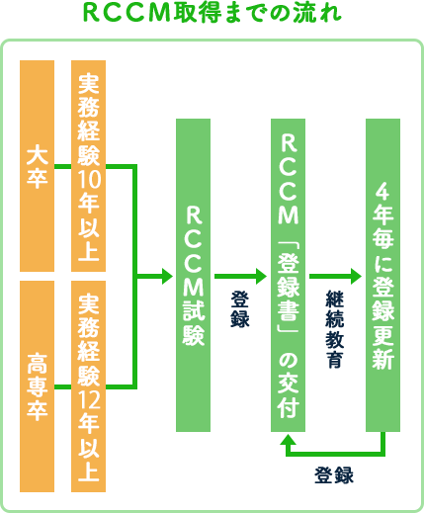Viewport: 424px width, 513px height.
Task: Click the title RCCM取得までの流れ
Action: click(212, 14)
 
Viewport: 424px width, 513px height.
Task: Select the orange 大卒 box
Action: click(37, 166)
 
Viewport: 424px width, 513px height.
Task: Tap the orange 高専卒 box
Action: click(37, 386)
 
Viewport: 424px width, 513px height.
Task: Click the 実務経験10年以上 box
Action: click(88, 166)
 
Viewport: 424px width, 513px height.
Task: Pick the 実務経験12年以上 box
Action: click(88, 386)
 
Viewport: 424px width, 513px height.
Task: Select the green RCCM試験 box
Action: click(193, 275)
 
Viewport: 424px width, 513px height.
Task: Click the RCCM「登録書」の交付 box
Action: click(288, 275)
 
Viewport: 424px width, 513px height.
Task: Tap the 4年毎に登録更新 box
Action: click(382, 275)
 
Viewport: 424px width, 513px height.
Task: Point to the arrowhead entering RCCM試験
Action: click(167, 276)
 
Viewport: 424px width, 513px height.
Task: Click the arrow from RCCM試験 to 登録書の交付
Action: click(240, 276)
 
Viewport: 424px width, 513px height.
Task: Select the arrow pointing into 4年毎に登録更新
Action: click(335, 276)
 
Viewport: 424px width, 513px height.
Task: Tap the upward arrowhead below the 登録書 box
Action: click(288, 439)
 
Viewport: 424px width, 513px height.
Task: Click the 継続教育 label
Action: click(335, 329)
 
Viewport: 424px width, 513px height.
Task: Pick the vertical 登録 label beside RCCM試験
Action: click(240, 309)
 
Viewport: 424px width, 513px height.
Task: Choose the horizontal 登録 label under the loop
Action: click(334, 474)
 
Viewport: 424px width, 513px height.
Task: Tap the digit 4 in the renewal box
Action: click(382, 192)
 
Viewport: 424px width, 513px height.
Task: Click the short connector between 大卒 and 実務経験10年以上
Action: click(62, 166)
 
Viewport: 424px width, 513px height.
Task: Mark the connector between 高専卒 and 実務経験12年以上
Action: click(62, 386)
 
